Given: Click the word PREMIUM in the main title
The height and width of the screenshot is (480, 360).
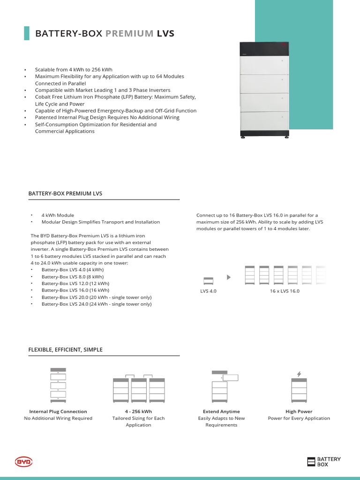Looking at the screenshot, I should click(129, 33).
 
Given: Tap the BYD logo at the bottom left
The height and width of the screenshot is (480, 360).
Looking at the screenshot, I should click(23, 462).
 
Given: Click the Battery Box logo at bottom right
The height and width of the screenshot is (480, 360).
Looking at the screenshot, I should click(324, 462).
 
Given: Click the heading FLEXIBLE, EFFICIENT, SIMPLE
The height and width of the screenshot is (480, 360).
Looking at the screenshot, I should click(65, 350).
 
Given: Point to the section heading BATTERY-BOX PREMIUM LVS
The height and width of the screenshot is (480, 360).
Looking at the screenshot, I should click(65, 193).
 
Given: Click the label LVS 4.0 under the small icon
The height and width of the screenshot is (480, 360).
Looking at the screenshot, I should click(208, 291).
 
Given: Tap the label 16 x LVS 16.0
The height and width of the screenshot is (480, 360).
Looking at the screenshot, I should click(285, 291).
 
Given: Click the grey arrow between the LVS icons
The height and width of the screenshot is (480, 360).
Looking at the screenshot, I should click(229, 277).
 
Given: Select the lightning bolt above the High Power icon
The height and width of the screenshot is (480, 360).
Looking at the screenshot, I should click(299, 374).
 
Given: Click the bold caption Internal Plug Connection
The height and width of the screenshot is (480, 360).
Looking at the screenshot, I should click(58, 412).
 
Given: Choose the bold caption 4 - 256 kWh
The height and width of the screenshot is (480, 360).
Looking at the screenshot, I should click(138, 412).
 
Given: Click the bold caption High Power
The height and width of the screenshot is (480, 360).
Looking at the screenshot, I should click(299, 412).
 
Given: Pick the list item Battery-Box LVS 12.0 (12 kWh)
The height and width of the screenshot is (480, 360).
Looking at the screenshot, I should click(75, 284).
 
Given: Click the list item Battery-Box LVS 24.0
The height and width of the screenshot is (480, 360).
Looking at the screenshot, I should click(96, 304).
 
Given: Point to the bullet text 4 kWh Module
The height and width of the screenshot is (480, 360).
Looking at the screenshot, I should click(58, 215).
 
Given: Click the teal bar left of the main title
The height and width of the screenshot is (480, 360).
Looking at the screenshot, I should click(26, 33).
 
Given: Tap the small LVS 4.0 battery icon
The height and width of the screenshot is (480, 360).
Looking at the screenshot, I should click(208, 281).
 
